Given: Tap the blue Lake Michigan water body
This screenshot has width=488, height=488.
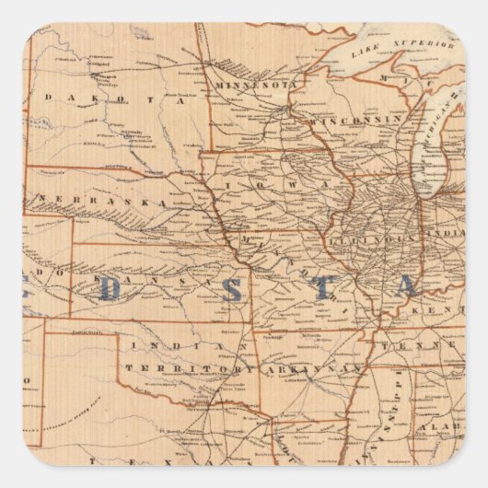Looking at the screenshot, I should (431, 147).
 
